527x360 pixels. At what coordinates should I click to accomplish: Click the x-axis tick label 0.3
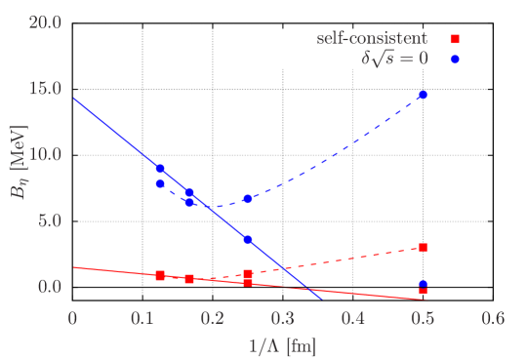283,318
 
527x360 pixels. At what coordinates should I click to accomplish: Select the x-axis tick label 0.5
423,318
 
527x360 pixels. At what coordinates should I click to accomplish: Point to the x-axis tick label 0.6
493,318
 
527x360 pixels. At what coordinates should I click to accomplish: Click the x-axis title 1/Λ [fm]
282,344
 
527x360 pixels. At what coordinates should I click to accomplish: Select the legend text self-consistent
372,39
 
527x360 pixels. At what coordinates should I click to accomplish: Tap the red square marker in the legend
455,40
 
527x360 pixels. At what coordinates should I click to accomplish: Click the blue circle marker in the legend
455,59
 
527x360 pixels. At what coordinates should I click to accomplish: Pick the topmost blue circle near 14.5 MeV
423,95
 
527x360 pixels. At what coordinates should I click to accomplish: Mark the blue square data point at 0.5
423,284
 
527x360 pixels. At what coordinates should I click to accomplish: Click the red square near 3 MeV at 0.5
423,248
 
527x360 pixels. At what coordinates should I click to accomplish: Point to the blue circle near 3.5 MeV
248,240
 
